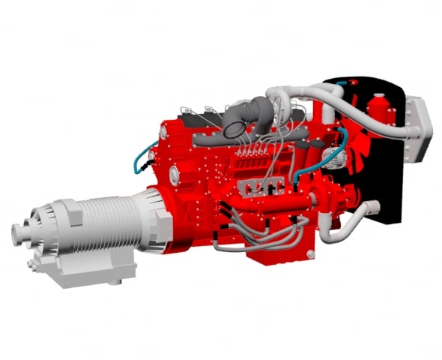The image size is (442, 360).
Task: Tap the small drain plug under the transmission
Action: point(115,281)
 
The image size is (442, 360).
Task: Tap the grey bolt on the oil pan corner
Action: point(306,256)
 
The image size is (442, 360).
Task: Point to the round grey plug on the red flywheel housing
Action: point(174,175)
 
